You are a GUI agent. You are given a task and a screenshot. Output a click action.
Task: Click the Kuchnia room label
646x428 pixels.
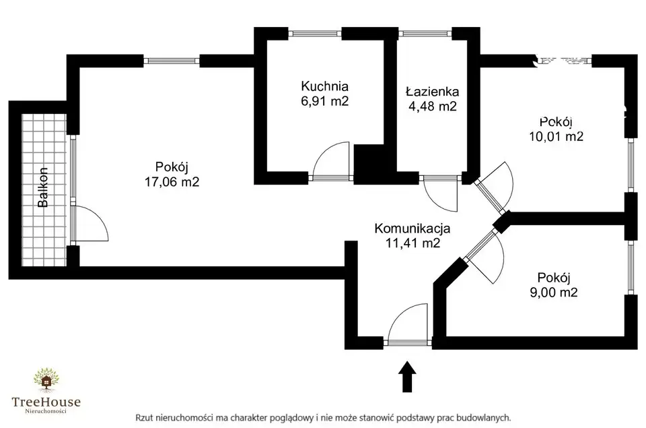325,86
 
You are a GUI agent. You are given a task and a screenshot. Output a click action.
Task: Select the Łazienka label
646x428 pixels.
432,91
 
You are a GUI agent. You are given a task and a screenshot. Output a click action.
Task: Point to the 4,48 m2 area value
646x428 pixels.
432,106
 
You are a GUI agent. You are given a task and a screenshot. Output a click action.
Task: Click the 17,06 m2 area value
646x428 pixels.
172,181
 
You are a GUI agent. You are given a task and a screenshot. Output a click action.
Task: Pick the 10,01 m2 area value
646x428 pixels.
556,136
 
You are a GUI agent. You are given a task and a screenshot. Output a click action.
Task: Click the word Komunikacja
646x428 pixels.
412,228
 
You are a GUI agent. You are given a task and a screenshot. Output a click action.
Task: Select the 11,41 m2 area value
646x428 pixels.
412,243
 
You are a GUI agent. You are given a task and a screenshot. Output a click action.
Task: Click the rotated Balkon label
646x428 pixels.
42,187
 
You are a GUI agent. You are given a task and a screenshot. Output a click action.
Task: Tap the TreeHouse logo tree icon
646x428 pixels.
46,381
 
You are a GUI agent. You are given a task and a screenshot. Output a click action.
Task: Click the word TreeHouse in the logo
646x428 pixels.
46,402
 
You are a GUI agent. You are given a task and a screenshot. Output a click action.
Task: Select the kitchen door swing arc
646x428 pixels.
331,159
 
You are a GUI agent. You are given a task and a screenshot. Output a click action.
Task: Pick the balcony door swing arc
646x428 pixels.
92,222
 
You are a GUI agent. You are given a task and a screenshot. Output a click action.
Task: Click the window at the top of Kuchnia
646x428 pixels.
316,32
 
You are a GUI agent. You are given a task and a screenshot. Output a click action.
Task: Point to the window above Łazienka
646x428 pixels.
426,32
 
